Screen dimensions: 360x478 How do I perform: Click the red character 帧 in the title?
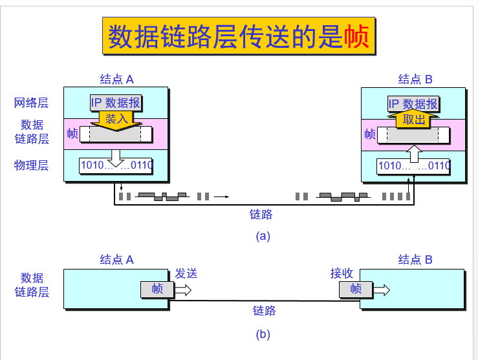point(356,37)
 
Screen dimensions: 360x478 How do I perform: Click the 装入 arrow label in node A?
point(117,119)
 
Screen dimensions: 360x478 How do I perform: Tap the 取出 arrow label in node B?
point(414,120)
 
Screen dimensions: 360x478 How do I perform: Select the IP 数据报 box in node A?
point(116,103)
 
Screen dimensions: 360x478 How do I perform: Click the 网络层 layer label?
point(31,103)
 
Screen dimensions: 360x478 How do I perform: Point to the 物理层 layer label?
point(31,165)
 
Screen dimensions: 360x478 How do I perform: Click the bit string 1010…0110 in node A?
point(116,165)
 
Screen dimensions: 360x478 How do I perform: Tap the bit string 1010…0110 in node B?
point(414,165)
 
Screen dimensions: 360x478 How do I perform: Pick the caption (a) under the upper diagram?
point(263,236)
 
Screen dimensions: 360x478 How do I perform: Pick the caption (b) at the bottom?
point(263,334)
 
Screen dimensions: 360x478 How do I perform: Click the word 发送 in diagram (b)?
point(186,273)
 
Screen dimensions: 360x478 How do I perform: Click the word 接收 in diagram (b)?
point(342,273)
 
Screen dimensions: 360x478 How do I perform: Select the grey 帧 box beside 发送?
point(157,290)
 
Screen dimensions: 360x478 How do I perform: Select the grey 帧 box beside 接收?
point(356,290)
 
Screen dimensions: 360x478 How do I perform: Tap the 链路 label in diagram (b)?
point(264,311)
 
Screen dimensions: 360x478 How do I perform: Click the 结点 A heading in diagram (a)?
point(116,79)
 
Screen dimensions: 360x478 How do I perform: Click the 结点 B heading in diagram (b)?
point(415,260)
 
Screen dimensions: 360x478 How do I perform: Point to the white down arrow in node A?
point(116,156)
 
